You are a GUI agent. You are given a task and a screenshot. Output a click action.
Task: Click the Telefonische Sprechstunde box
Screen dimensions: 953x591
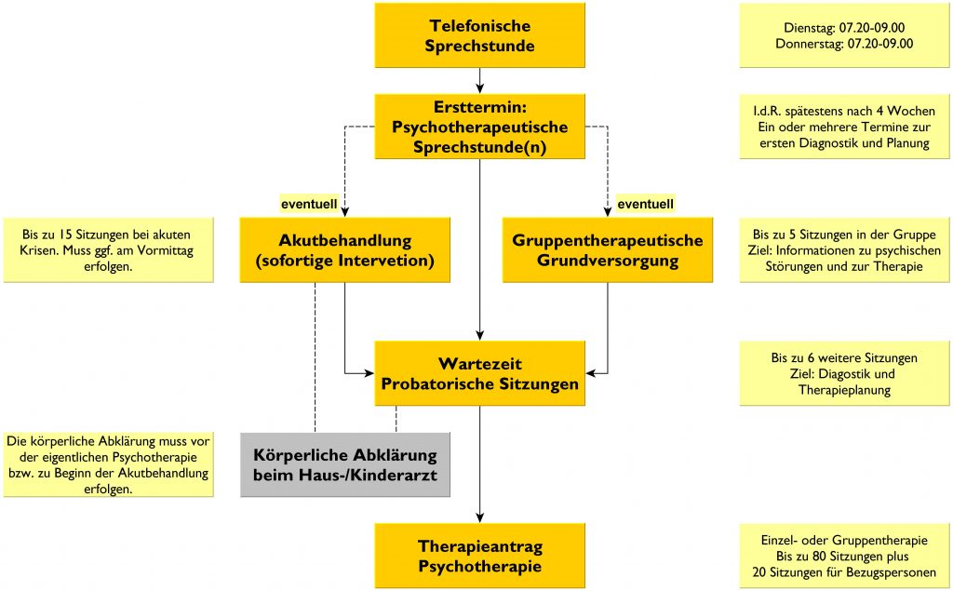(479, 35)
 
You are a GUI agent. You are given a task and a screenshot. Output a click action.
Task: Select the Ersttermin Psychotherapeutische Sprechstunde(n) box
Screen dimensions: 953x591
(479, 127)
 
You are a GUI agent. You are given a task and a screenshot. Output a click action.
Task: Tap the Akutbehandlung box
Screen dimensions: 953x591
(344, 250)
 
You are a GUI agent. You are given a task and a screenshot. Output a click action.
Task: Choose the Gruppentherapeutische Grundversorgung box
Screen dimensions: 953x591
(607, 250)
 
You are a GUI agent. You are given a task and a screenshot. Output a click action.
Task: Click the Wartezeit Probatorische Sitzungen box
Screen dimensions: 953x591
(479, 373)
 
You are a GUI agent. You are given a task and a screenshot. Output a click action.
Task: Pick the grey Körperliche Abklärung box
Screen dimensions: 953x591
(345, 464)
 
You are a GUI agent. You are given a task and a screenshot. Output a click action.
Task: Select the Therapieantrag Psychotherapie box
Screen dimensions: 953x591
(479, 556)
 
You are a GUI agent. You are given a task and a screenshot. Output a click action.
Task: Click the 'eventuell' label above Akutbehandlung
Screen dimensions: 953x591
(309, 205)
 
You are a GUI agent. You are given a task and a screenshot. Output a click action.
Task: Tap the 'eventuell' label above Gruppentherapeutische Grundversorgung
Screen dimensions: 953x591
(646, 205)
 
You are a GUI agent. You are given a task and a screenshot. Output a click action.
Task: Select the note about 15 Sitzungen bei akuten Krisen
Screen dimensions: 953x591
(109, 250)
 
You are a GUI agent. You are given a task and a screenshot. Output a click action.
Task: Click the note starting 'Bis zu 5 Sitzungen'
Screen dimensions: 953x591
(844, 250)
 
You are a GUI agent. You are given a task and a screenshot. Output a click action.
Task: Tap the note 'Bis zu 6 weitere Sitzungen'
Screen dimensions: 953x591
(844, 373)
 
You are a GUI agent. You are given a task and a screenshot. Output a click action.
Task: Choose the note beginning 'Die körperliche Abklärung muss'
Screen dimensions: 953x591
(109, 464)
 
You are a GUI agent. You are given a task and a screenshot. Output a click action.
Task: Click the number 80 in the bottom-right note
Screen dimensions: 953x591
(819, 557)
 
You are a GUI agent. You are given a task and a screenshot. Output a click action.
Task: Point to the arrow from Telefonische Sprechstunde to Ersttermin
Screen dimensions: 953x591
(479, 81)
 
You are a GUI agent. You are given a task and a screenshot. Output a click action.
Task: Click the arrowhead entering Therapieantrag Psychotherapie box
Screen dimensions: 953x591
(479, 518)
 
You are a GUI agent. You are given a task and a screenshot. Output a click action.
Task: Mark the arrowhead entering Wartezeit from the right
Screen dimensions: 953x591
(591, 373)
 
